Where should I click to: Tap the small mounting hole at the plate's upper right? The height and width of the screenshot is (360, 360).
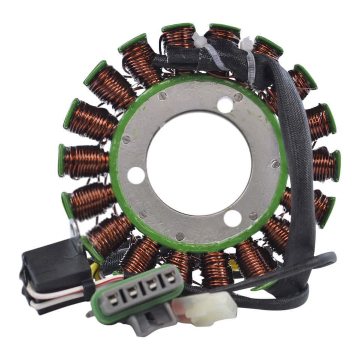pyautogui.click(x=225, y=105)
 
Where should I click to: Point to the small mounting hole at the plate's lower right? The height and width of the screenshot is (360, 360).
pyautogui.click(x=232, y=218)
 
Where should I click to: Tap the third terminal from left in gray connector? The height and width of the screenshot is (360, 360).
pyautogui.click(x=152, y=286)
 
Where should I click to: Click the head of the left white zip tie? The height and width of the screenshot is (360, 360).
pyautogui.click(x=199, y=39)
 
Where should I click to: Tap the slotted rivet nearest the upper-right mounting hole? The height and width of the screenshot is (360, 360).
pyautogui.click(x=238, y=97)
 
